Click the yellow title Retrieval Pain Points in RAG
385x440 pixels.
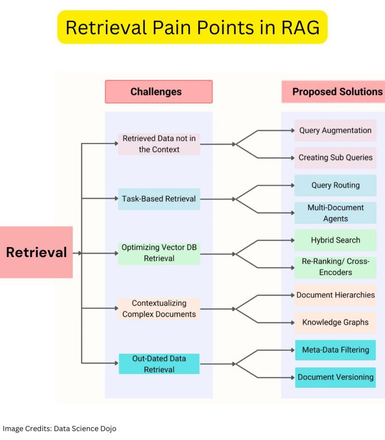coord(192,27)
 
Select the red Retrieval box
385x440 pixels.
coord(36,252)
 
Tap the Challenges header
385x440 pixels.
coord(159,91)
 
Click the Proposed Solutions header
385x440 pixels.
coord(337,91)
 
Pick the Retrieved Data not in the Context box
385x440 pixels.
coord(159,144)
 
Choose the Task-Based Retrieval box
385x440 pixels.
coord(159,199)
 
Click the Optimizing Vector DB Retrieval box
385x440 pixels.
coord(159,253)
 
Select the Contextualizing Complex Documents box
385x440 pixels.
coord(159,309)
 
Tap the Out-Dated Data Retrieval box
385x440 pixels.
coord(159,364)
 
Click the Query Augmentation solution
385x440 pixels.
coord(335,130)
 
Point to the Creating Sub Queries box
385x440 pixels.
coord(335,157)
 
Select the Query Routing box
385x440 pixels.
coord(335,185)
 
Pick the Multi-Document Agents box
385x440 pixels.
coord(335,213)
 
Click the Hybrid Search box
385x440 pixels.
coord(335,240)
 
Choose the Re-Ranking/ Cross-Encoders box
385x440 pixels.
coord(335,267)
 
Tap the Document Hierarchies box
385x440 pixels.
coord(335,295)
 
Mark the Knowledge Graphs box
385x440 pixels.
coord(335,323)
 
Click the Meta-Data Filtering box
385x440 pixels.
coord(335,349)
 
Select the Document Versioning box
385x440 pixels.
coord(335,377)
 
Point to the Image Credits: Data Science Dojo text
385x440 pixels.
coord(60,428)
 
